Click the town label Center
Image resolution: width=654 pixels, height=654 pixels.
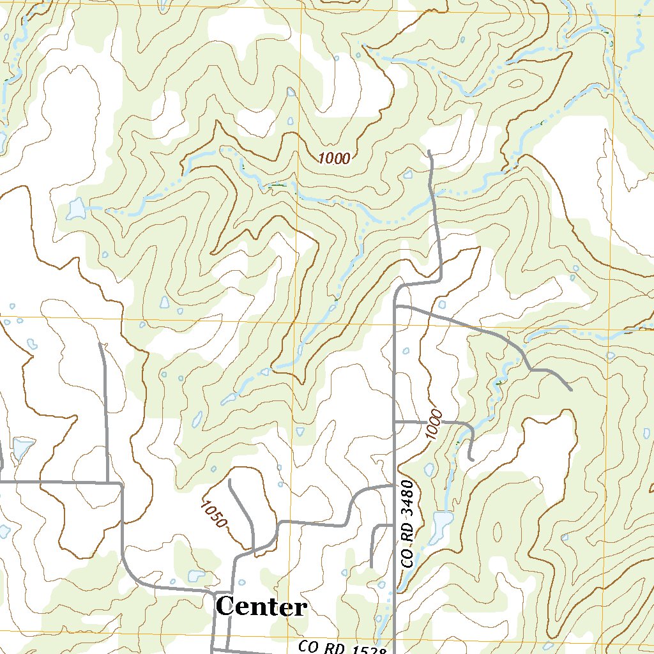click(x=262, y=607)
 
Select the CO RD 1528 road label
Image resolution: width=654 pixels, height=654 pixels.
click(x=343, y=648)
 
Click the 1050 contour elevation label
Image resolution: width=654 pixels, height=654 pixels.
click(x=213, y=513)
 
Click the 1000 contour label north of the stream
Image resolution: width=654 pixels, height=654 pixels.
click(x=335, y=158)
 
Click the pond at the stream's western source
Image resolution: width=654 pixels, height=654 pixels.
click(x=76, y=209)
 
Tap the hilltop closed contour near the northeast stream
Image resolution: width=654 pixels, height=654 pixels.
click(x=515, y=84)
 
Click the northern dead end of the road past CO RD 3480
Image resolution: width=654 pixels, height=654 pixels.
click(x=430, y=152)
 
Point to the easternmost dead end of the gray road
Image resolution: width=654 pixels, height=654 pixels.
click(x=570, y=389)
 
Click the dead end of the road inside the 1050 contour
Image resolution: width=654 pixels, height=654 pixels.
click(x=229, y=480)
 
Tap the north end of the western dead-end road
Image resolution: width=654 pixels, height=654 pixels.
click(x=100, y=344)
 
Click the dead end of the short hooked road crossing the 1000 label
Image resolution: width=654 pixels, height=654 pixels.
click(x=470, y=459)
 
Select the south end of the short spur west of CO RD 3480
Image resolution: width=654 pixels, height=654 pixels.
click(x=371, y=565)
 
